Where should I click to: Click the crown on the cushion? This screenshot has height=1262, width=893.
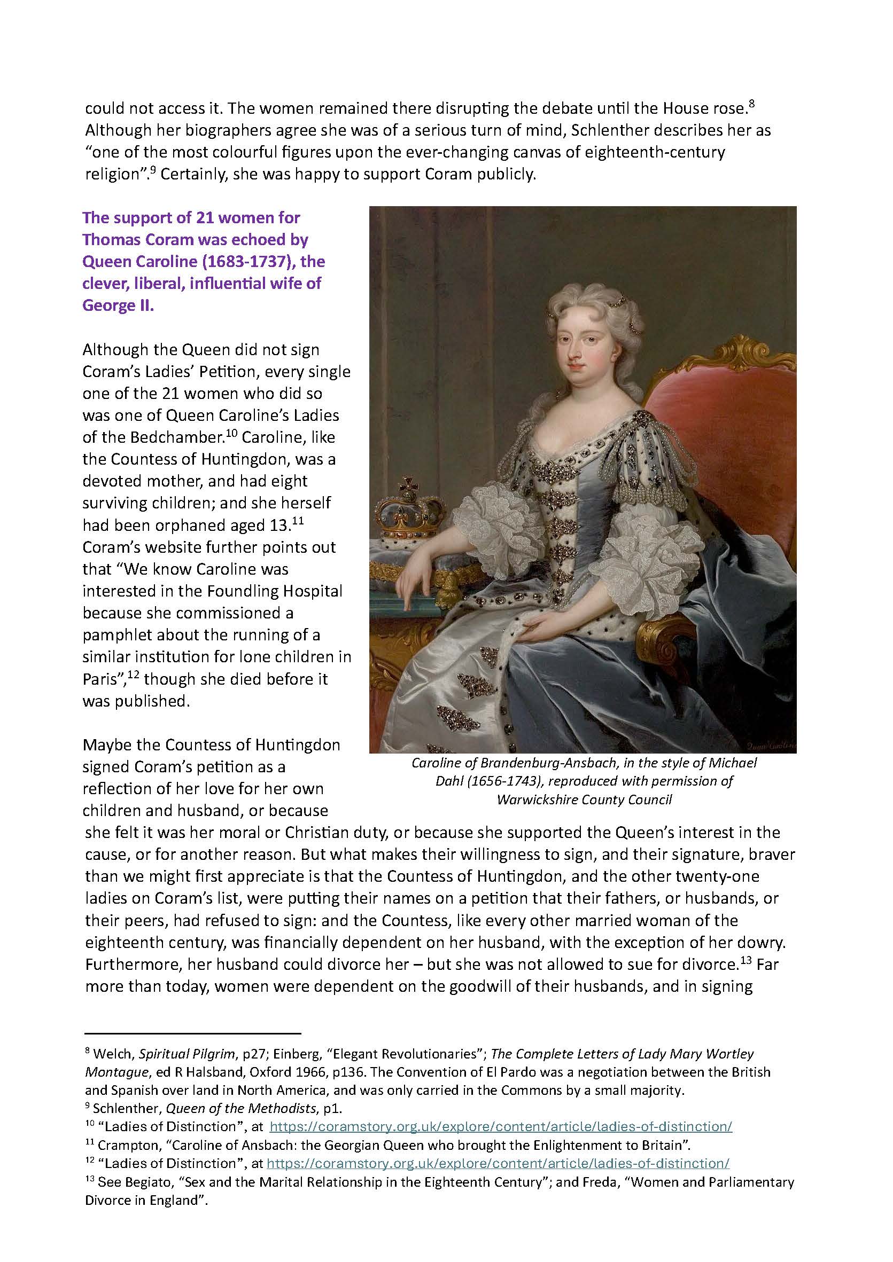coord(407,509)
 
